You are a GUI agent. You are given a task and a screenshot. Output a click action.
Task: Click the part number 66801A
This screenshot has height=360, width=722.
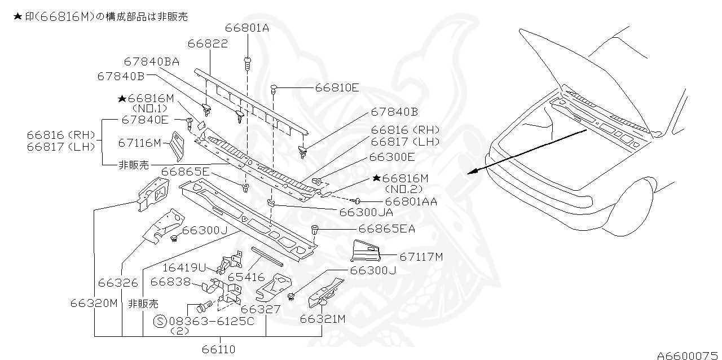[x=247, y=28]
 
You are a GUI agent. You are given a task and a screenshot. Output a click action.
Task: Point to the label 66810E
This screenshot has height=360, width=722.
[x=337, y=87]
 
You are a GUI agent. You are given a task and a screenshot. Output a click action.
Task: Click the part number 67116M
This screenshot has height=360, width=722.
[x=139, y=143]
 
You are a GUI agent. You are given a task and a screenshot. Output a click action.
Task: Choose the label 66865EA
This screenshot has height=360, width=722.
[x=386, y=229]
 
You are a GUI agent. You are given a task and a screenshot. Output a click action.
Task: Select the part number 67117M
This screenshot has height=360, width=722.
[x=421, y=257]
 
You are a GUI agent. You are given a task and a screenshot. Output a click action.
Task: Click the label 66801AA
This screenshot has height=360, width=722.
[x=411, y=201]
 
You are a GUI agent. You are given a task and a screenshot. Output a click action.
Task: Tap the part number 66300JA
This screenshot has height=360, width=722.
[x=366, y=212]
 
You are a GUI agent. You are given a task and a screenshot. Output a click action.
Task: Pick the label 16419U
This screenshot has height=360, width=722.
[x=184, y=267]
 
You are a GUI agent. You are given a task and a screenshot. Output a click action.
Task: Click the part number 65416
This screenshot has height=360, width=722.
[x=246, y=277]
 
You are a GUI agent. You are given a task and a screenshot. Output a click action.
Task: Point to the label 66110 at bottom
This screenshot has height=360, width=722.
[x=219, y=349]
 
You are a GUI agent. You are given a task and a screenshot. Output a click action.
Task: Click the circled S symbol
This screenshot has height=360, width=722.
[x=160, y=321]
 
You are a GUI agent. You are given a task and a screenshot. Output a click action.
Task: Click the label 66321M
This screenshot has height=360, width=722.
[x=322, y=319]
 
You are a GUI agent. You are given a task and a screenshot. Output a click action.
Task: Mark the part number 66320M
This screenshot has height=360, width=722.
[x=94, y=303]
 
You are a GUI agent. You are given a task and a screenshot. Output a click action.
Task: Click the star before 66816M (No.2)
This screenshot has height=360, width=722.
[x=377, y=178]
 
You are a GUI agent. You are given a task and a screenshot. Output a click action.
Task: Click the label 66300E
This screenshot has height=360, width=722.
[x=391, y=157]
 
